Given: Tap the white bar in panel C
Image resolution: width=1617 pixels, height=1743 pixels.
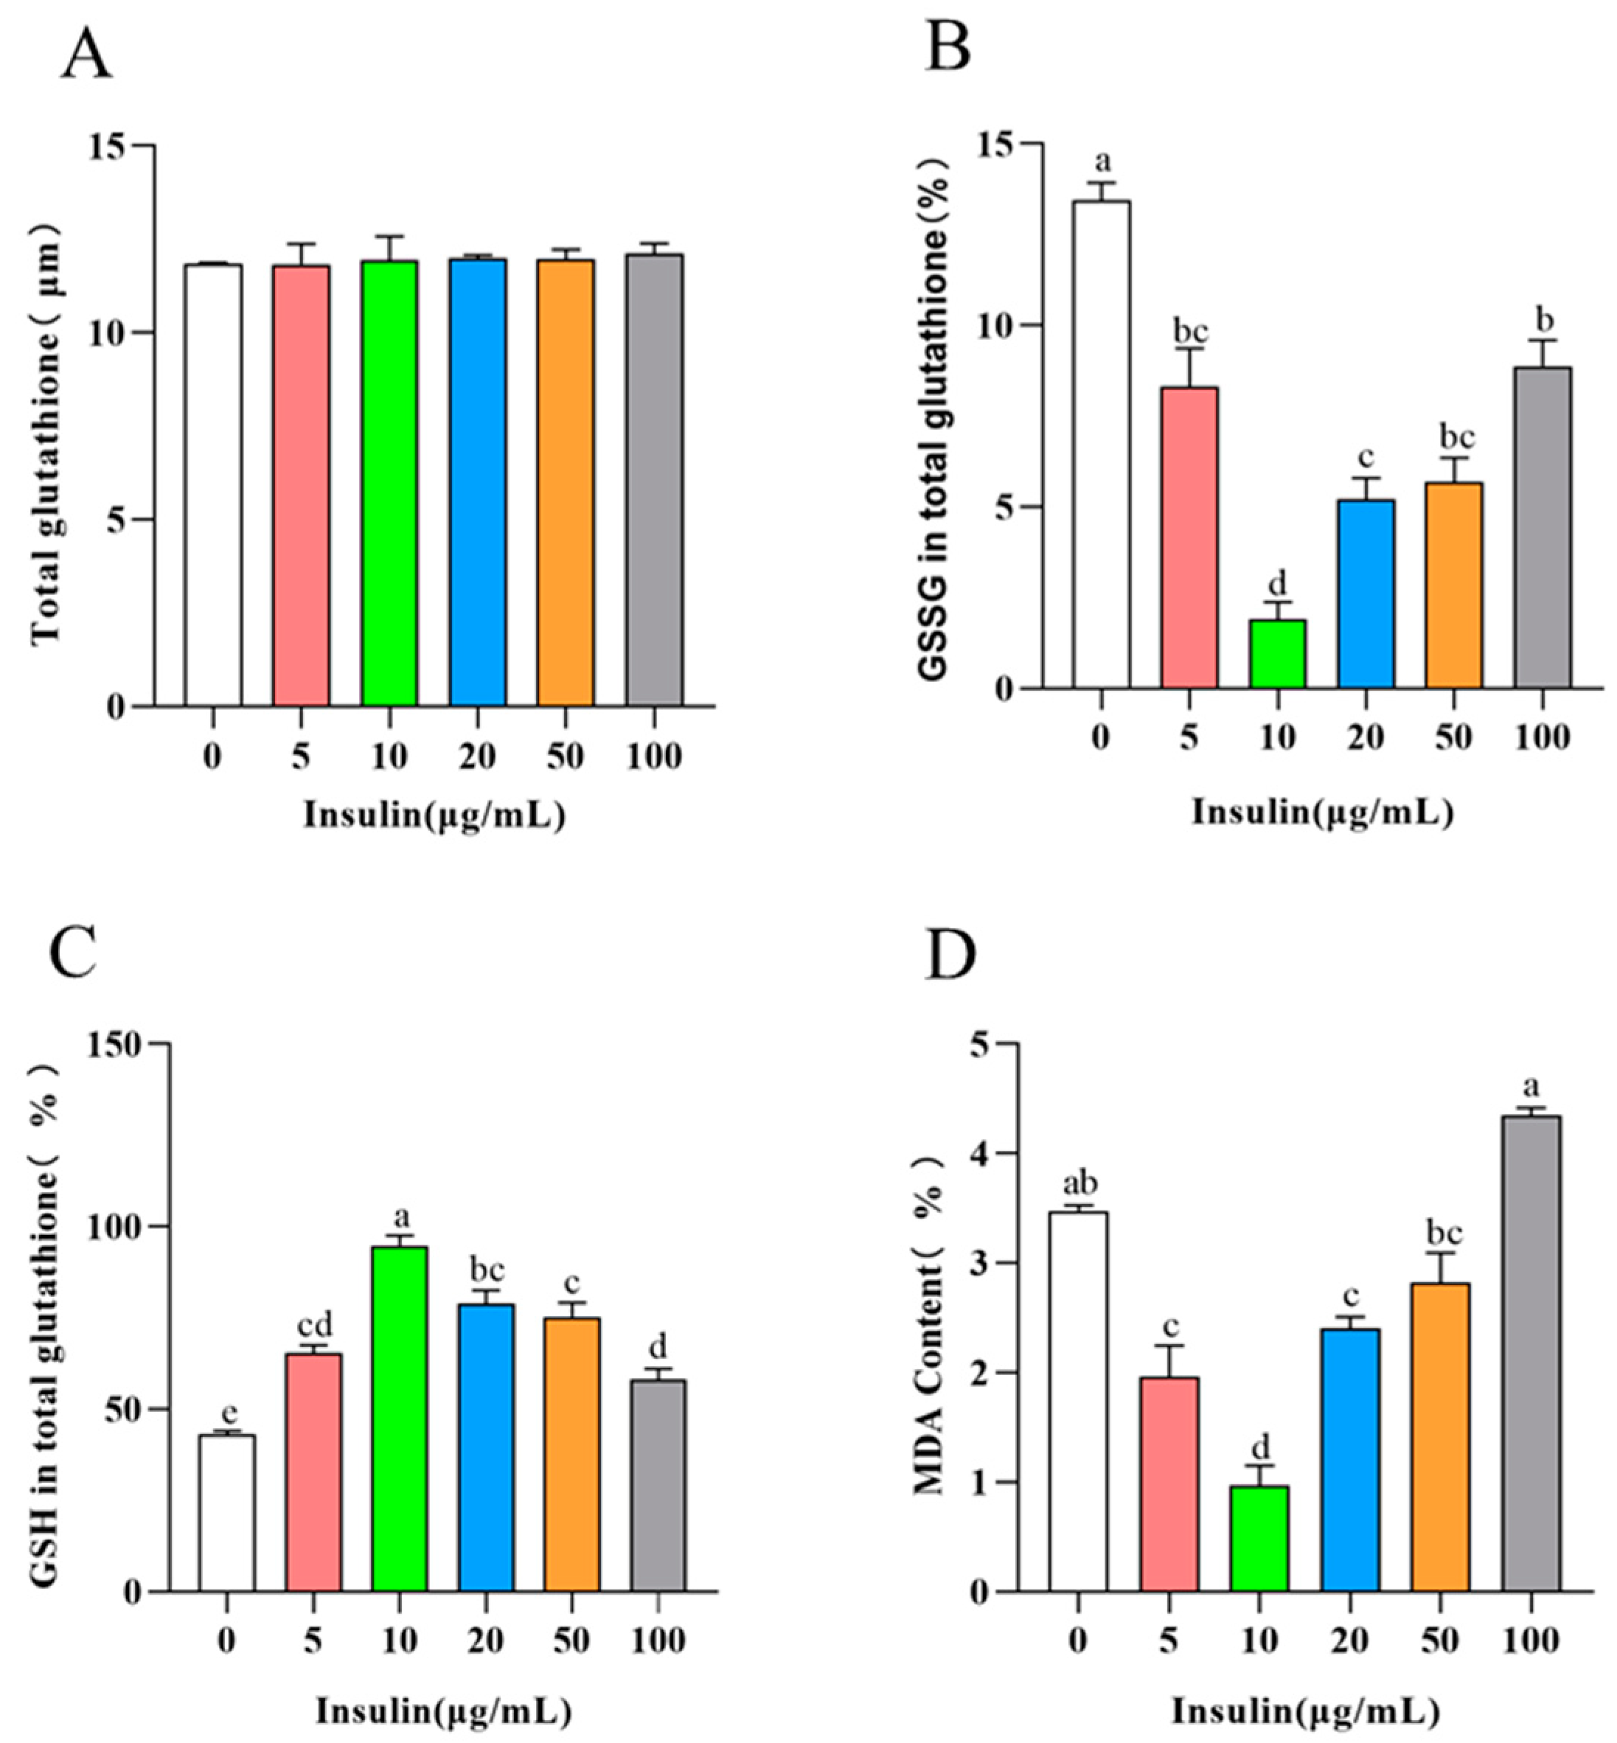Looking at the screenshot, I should click(226, 1513).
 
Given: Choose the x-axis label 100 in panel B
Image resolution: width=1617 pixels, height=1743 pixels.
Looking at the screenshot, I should click(1543, 737).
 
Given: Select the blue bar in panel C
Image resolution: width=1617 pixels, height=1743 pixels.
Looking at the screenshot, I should click(486, 1447).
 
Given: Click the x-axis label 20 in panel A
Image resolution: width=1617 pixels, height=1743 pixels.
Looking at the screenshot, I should click(478, 756).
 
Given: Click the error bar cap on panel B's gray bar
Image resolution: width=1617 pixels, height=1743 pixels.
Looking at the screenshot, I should click(1543, 341).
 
